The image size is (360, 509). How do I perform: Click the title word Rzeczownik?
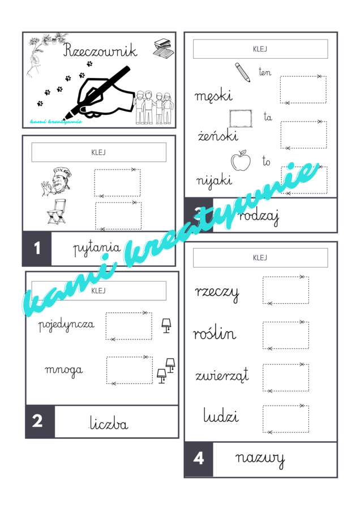point(100,50)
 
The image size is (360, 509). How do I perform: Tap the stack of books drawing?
point(164,49)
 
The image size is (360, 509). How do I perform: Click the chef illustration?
point(57,182)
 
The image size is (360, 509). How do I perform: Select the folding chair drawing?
point(57,212)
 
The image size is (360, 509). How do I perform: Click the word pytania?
point(97,249)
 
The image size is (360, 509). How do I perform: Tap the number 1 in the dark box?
point(37,248)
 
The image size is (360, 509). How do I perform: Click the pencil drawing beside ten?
point(242,72)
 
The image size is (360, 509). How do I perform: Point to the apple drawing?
point(241,160)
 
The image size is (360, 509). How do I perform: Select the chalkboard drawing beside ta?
point(241,119)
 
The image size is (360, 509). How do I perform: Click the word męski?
point(213,96)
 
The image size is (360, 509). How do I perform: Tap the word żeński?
point(218,135)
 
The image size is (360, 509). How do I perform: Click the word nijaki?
point(214,180)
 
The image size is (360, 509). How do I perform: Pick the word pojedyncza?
point(66,325)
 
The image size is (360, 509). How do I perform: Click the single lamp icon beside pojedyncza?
point(166,326)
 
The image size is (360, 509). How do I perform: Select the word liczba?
point(109,423)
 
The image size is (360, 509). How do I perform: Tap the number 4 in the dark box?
point(199,458)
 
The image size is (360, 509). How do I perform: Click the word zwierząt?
point(222,375)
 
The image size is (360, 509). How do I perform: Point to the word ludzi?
point(221,415)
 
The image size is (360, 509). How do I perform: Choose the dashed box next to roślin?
point(286,335)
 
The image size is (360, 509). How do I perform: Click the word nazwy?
point(260,459)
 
